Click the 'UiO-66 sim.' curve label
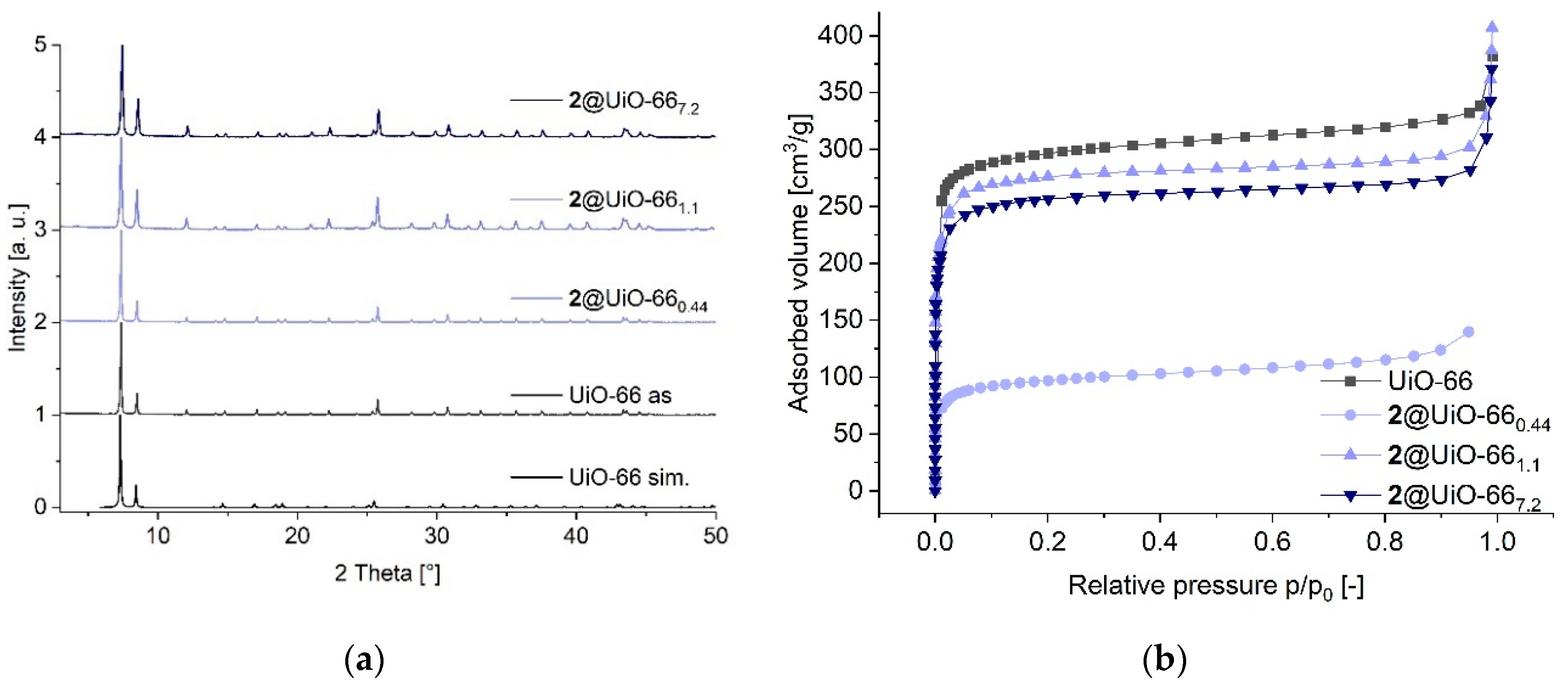628,478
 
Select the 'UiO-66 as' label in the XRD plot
620,396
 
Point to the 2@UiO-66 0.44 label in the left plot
638,300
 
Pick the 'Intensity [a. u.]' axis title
18,278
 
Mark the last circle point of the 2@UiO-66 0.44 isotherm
1469,332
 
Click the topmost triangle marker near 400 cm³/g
1492,26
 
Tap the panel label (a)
364,660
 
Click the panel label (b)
1164,660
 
